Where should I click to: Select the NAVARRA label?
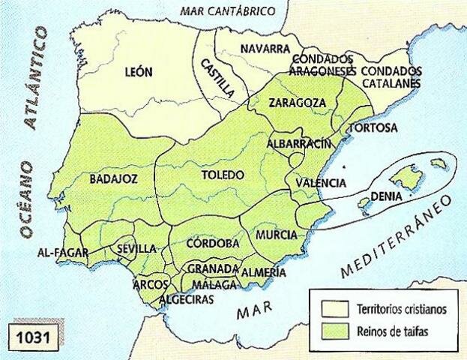coord(265,49)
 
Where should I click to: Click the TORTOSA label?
coord(373,127)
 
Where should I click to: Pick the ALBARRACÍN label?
coord(298,143)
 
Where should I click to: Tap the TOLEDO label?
coord(223,175)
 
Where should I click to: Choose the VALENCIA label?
coord(321,182)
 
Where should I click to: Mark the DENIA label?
coord(393,197)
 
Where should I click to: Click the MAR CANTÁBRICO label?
coord(228,10)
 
